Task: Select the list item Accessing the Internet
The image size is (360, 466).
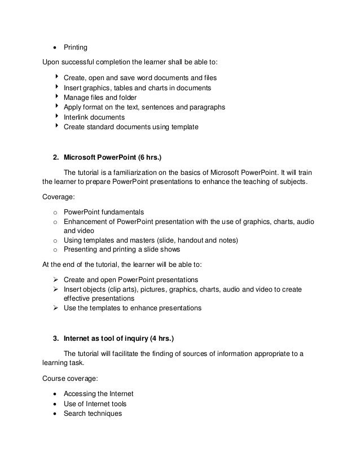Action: coord(99,394)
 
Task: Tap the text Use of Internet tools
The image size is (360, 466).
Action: coord(95,404)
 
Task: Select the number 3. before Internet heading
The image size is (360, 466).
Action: coord(55,338)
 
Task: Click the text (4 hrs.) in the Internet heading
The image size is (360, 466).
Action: coord(161,338)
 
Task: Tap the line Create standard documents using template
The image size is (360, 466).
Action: coord(131,127)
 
